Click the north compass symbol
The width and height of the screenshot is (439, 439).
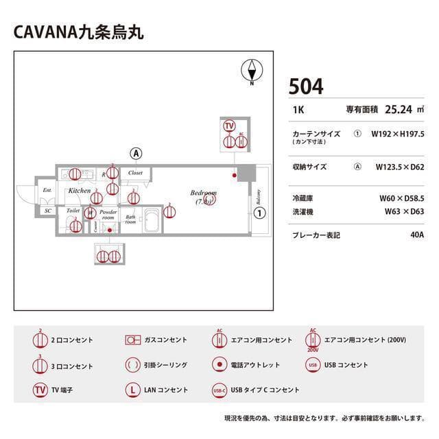click(x=252, y=70)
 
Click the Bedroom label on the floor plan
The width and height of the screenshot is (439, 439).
click(x=204, y=193)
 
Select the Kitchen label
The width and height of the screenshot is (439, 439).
click(x=79, y=190)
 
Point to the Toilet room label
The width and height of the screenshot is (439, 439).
click(x=74, y=211)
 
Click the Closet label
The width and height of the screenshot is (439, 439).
click(x=135, y=173)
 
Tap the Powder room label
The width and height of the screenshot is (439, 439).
click(x=108, y=215)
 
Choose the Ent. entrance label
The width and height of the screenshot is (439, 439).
click(x=47, y=190)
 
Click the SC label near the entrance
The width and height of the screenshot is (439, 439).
click(x=48, y=211)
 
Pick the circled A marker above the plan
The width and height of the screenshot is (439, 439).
click(x=137, y=152)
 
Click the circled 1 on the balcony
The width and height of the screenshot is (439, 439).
click(x=259, y=213)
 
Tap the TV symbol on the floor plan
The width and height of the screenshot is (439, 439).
click(x=229, y=126)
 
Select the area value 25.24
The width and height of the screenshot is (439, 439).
click(x=398, y=109)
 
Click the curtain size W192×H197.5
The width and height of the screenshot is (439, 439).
click(x=398, y=134)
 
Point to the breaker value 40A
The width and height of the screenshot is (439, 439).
click(x=416, y=235)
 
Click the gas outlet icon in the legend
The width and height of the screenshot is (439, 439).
click(x=132, y=340)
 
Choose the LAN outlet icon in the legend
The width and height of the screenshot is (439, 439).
click(x=132, y=390)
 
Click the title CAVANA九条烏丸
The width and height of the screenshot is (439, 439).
click(x=78, y=32)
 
